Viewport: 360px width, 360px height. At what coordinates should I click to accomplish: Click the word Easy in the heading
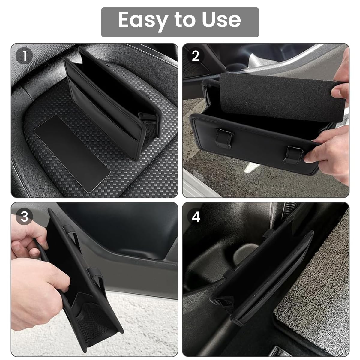pyautogui.click(x=143, y=20)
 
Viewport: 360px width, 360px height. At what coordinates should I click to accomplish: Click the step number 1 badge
pyautogui.click(x=24, y=56)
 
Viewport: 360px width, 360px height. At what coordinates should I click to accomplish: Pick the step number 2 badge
pyautogui.click(x=196, y=56)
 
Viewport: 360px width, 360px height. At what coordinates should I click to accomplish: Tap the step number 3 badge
pyautogui.click(x=24, y=216)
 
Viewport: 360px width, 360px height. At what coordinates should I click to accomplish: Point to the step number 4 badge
pyautogui.click(x=196, y=216)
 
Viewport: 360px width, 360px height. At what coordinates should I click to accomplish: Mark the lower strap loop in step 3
pyautogui.click(x=96, y=277)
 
